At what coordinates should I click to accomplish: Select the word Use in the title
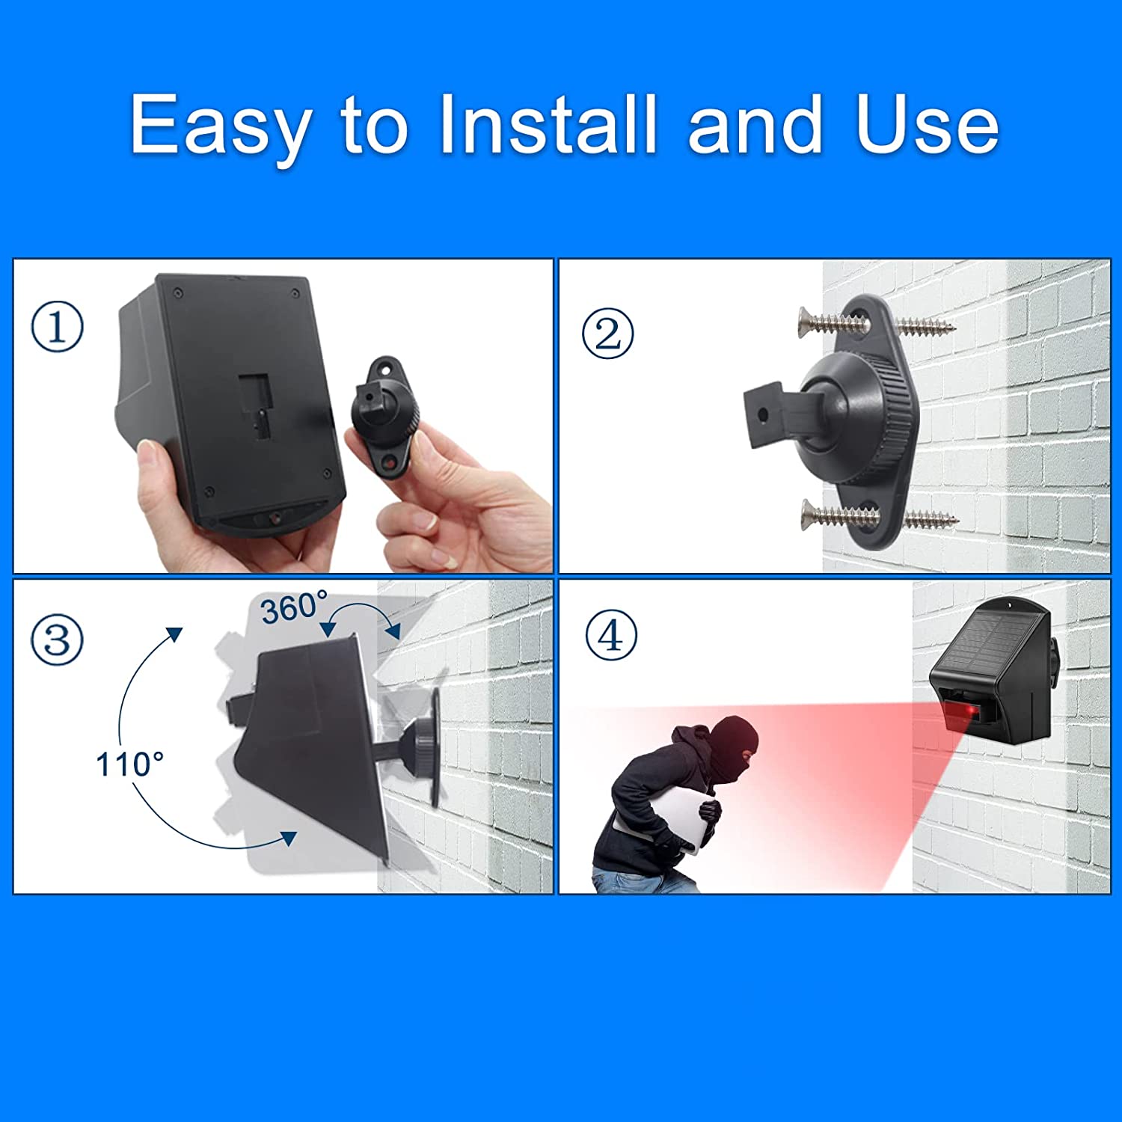click(927, 124)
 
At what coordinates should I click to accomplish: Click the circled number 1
click(57, 327)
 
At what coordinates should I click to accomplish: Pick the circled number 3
click(57, 640)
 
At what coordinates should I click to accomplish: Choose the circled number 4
click(611, 636)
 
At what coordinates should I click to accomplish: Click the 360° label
click(294, 607)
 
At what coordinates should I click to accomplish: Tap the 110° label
click(129, 764)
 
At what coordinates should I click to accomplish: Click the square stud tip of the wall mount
click(763, 415)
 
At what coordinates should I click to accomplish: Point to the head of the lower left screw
click(809, 514)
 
